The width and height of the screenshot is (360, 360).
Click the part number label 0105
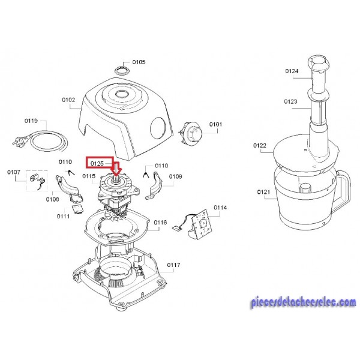(x=139, y=62)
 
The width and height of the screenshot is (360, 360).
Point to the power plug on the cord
(x=19, y=140)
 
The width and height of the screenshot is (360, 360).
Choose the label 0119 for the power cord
(x=31, y=121)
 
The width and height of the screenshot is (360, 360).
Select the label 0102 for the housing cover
(x=68, y=100)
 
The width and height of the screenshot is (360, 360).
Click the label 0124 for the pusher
(x=292, y=71)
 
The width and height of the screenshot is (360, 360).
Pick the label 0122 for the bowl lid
(x=260, y=145)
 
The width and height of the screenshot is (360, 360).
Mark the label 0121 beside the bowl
(x=263, y=192)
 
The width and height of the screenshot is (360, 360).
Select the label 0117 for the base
(x=173, y=265)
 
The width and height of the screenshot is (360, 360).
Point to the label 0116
(x=160, y=222)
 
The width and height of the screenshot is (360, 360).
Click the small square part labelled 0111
(x=77, y=208)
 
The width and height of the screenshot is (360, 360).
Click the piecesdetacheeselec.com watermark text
(x=304, y=302)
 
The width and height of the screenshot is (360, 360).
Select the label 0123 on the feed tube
(x=290, y=101)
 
